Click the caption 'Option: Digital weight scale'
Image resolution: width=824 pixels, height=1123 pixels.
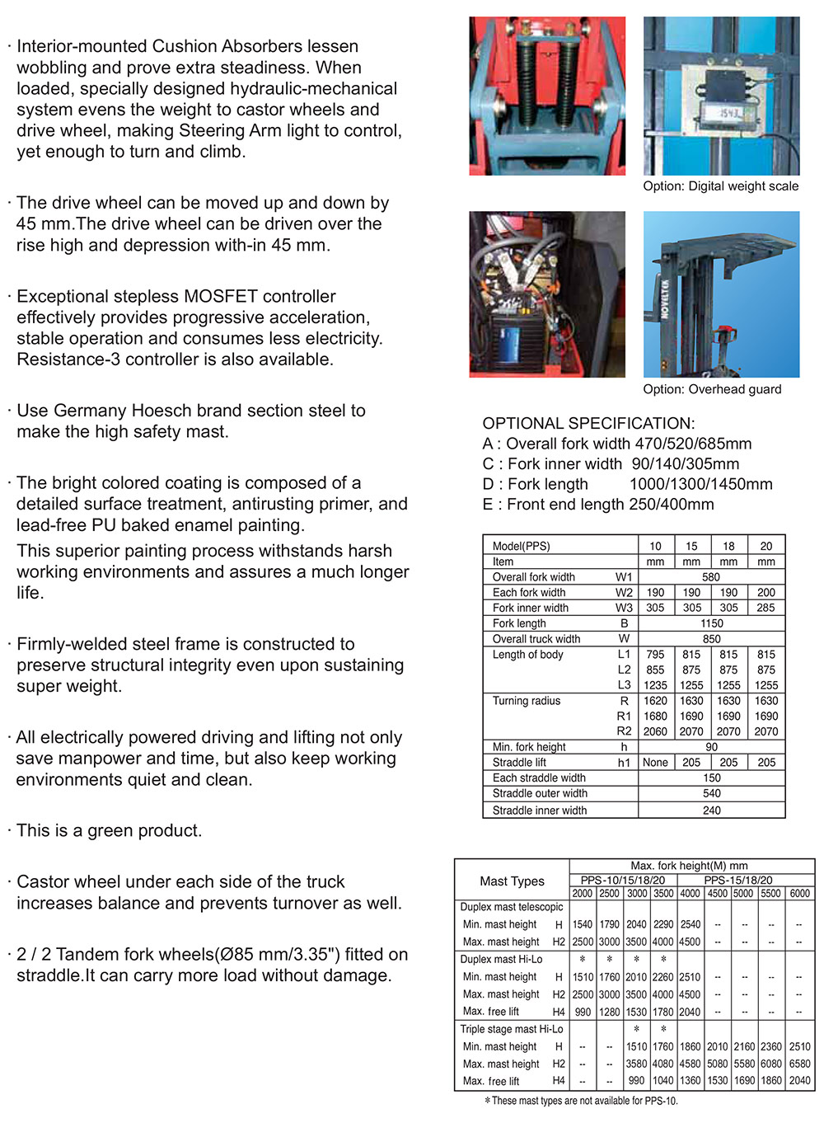[720, 186]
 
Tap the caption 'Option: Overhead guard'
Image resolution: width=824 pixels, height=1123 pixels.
[712, 389]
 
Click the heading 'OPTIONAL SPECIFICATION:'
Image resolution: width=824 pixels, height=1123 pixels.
[588, 423]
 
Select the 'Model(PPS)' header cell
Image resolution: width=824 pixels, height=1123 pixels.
[521, 546]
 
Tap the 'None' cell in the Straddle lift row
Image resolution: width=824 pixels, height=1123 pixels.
[655, 763]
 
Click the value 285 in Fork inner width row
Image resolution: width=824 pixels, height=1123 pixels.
[766, 608]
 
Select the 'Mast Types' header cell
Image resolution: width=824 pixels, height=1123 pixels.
[512, 881]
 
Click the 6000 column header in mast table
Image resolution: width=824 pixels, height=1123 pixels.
[799, 893]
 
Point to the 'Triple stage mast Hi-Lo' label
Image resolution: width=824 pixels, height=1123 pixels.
[512, 1029]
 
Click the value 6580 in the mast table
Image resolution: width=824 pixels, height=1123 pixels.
[799, 1064]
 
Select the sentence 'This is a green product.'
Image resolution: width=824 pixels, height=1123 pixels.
[109, 830]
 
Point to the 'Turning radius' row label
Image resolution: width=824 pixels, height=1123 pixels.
[526, 701]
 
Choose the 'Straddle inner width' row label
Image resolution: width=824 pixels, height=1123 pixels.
[540, 811]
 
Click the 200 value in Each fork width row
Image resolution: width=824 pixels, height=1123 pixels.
[766, 592]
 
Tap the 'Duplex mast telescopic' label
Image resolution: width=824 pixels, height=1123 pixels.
[511, 907]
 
